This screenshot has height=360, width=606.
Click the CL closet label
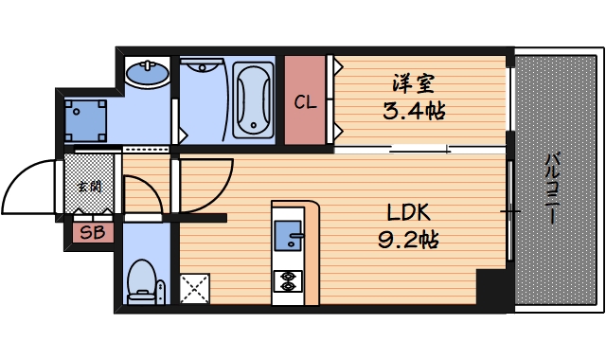305,102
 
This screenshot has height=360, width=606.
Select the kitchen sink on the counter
288,232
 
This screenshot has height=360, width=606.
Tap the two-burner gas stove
286,280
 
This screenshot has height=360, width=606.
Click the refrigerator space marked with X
196,288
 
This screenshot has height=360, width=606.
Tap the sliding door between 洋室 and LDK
417,149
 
